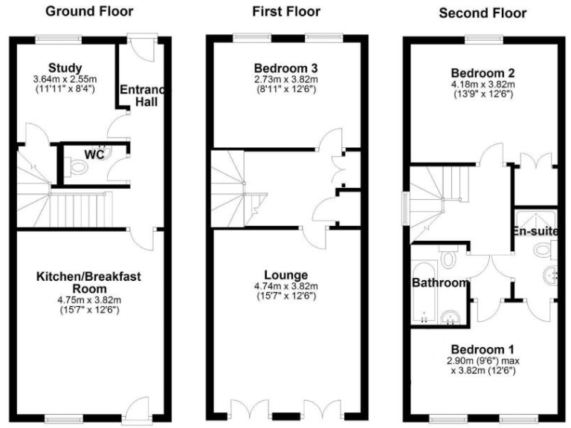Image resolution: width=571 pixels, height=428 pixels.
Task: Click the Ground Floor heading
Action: pos(89,11)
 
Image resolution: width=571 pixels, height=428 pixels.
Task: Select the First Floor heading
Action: pos(286,11)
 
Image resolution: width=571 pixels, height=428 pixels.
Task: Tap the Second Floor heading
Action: pos(482,13)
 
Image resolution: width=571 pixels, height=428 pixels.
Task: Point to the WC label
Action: pos(94,155)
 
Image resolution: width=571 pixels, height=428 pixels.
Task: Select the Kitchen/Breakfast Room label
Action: pos(88,282)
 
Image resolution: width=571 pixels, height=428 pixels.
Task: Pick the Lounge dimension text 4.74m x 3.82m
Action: pos(286,286)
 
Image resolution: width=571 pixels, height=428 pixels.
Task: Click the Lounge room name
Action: pos(286,273)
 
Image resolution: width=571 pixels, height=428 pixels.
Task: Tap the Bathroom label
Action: pos(440,282)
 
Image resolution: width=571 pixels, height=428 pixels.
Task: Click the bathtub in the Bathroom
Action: pos(423,294)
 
